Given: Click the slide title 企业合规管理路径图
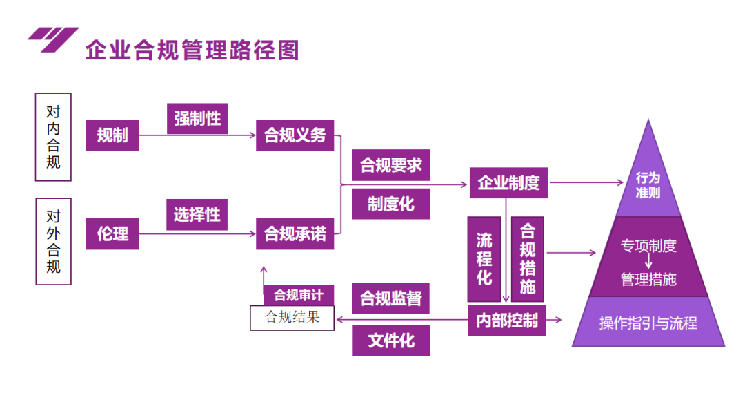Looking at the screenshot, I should point(192,50).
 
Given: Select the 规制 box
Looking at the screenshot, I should point(112,135).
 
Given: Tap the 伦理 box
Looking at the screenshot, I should point(112,233).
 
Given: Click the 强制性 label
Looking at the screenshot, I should point(197,118).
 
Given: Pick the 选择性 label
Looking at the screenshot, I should point(197,215).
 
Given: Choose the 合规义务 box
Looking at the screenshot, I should point(295,135).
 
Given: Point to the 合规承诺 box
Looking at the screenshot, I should point(295,233).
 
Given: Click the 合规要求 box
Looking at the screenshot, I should point(390,165).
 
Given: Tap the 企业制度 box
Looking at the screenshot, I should point(508,183).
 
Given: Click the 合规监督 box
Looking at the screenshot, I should point(390,298).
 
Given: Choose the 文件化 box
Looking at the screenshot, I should point(390,341).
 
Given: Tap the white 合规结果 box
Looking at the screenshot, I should point(292,318).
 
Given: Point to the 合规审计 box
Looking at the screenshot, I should point(298,295).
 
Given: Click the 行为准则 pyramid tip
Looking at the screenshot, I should point(648,184).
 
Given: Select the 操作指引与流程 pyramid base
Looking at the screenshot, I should point(648,323).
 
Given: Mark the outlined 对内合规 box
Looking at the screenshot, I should point(53,137).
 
